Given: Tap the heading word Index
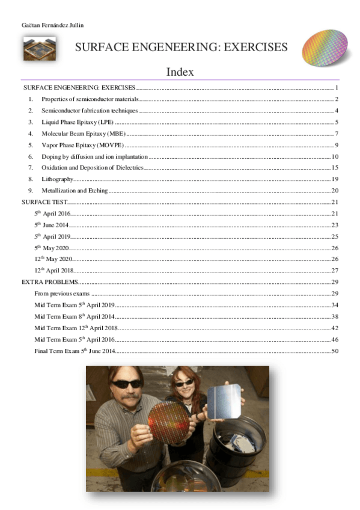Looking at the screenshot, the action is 180,72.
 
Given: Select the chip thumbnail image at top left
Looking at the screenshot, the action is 40,49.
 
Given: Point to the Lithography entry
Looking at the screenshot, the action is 58,179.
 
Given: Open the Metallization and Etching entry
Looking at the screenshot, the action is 75,191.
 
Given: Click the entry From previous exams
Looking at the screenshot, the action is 63,293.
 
